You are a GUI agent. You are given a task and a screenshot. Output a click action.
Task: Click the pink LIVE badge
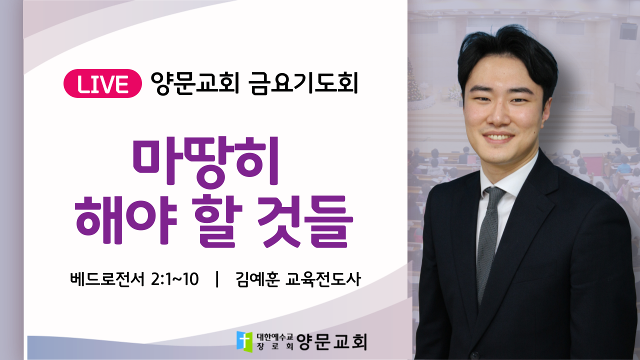pyautogui.click(x=102, y=83)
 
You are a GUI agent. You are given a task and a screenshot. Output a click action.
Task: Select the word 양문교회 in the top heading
pyautogui.click(x=195, y=83)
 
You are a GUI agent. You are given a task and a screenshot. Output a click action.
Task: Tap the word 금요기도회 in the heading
pyautogui.click(x=303, y=83)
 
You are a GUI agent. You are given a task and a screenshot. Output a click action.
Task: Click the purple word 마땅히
pyautogui.click(x=205, y=162)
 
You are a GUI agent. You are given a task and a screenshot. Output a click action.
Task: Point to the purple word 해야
pyautogui.click(x=125, y=220)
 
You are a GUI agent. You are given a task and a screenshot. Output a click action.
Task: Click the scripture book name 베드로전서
pyautogui.click(x=107, y=279)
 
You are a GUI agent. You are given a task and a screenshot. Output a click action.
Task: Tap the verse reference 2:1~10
pyautogui.click(x=174, y=279)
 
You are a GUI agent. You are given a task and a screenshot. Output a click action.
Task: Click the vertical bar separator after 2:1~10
pyautogui.click(x=217, y=279)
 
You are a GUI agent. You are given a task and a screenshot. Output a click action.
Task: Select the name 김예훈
pyautogui.click(x=257, y=279)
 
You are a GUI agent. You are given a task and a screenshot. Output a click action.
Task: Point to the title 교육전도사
pyautogui.click(x=323, y=279)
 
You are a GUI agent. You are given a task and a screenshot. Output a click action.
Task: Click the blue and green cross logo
pyautogui.click(x=244, y=341)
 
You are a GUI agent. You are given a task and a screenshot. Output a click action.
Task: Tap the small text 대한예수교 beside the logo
pyautogui.click(x=275, y=337)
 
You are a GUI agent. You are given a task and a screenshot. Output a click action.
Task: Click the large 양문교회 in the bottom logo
pyautogui.click(x=331, y=341)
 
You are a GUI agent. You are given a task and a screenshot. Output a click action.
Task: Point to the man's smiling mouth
pyautogui.click(x=498, y=137)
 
